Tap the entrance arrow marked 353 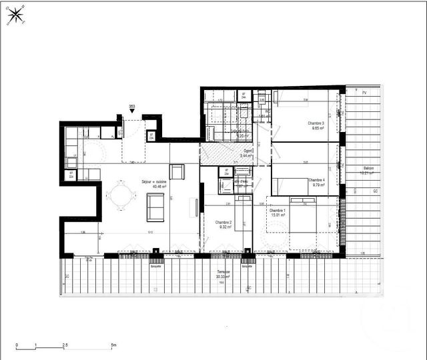pos(132,112)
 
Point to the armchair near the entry pos(177,171)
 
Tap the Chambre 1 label pos(278,212)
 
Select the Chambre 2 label pos(224,224)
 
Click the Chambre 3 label pos(316,126)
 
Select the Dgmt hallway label pos(248,153)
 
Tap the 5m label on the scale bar pos(113,345)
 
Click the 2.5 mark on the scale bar pos(65,345)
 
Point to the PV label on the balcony pos(364,93)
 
